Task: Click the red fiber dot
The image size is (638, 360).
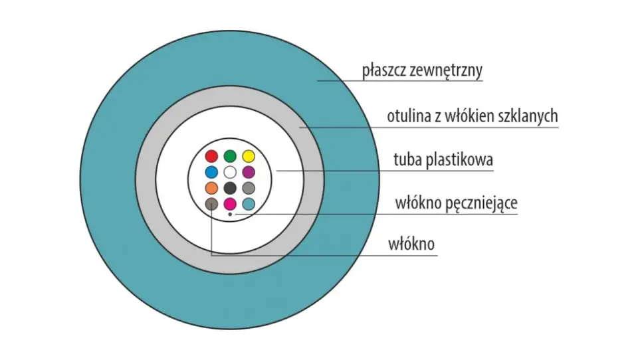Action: pos(211,156)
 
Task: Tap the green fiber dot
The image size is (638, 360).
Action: pos(230,156)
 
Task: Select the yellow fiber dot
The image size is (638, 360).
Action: pos(249,156)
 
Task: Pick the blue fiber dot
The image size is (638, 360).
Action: pos(211,172)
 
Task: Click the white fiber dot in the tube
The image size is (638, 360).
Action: pos(230,172)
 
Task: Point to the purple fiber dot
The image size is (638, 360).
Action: pos(249,172)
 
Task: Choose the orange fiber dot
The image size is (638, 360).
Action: pos(211,188)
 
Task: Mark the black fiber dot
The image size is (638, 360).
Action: pos(230,188)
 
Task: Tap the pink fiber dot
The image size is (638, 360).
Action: pos(230,204)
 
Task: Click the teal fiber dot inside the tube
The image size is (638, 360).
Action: pos(249,204)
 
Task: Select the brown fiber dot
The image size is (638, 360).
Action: pos(211,204)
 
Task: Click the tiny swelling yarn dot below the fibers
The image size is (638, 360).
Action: pos(230,215)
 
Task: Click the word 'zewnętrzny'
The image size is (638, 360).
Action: pos(446,70)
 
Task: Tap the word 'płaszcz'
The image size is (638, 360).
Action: pos(384,71)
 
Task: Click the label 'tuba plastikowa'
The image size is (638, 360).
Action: pos(443,159)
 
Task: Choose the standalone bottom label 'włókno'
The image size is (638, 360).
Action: pos(411,244)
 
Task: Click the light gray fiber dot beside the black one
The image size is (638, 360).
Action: pos(249,188)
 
